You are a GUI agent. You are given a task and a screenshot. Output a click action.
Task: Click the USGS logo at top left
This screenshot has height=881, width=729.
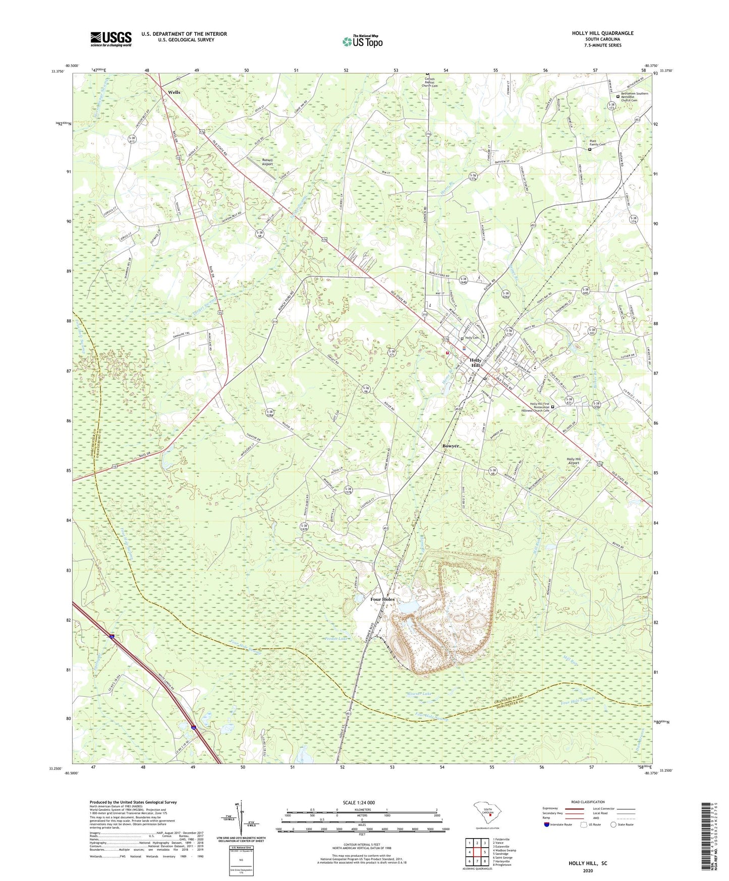(x=111, y=39)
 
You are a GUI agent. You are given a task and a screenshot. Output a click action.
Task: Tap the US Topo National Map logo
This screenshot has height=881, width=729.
(x=362, y=41)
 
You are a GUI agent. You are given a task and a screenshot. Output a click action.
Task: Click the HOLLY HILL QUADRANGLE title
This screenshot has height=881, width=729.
(x=602, y=33)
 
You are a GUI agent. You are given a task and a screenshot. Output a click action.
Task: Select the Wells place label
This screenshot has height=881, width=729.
(x=174, y=92)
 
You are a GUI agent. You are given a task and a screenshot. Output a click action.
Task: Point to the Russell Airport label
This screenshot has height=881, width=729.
(x=267, y=162)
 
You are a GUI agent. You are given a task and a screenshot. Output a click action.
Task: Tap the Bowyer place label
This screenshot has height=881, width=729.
(x=451, y=446)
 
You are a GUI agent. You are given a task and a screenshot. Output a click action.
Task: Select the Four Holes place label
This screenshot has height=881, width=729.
(x=382, y=599)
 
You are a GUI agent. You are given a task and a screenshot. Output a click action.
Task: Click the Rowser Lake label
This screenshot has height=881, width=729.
(x=420, y=694)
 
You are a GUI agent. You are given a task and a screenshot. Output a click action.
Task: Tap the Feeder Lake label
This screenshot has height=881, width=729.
(x=337, y=639)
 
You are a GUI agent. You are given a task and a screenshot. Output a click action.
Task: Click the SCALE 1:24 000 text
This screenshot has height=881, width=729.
(x=359, y=802)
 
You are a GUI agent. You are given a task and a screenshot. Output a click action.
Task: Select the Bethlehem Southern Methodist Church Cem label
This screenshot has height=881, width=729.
(x=634, y=96)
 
